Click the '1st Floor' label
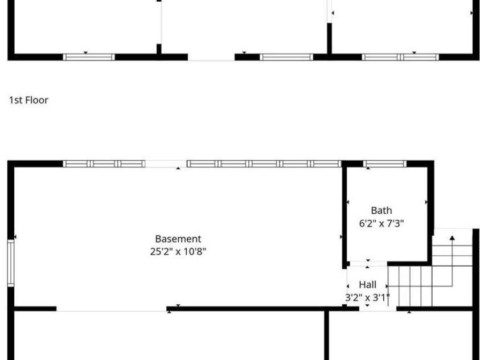click(29, 100)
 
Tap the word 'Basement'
click(178, 239)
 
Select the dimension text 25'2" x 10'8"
click(178, 252)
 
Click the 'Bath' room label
click(381, 211)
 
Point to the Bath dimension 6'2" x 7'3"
click(381, 223)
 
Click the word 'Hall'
click(368, 285)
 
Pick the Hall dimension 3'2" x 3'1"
click(367, 297)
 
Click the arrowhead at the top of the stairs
click(452, 238)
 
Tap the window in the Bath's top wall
click(385, 164)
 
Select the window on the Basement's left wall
click(11, 263)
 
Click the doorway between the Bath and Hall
click(368, 264)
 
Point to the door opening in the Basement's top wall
click(166, 164)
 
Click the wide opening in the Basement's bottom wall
click(112, 309)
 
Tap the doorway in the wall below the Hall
click(378, 309)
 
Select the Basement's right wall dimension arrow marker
click(341, 236)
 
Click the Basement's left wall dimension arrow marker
click(15, 236)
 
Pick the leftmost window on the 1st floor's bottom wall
click(89, 57)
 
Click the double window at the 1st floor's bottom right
click(400, 57)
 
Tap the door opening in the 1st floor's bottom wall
click(211, 57)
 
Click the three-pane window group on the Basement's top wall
click(104, 164)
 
